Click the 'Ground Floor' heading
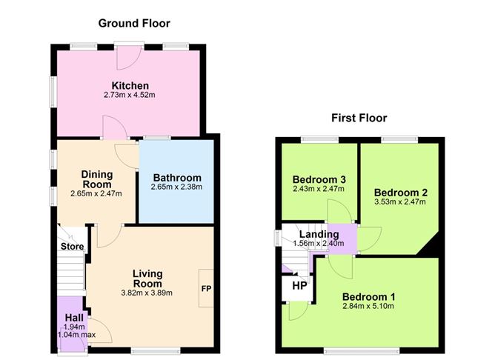point(129,23)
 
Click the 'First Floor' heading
point(358,118)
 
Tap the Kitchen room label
point(130,85)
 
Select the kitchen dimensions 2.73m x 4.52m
point(130,96)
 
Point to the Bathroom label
point(176,178)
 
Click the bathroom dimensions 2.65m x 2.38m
point(176,187)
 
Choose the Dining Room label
point(96,179)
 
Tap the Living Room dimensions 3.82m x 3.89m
point(147,293)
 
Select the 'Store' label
point(72,247)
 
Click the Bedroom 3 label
point(319,179)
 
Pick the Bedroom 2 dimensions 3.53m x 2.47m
point(400,201)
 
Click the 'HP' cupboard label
point(299,285)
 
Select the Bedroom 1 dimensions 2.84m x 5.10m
point(368,307)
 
